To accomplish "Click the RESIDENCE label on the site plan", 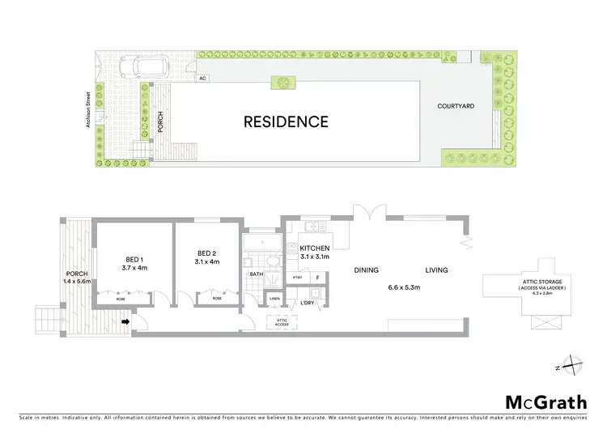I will coord(287,122).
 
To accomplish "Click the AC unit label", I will coord(204,79).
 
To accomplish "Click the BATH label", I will coord(256,274).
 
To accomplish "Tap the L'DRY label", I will coord(308,303).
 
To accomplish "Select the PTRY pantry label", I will coord(296,278).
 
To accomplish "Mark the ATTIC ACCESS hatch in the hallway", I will coord(282,322).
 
